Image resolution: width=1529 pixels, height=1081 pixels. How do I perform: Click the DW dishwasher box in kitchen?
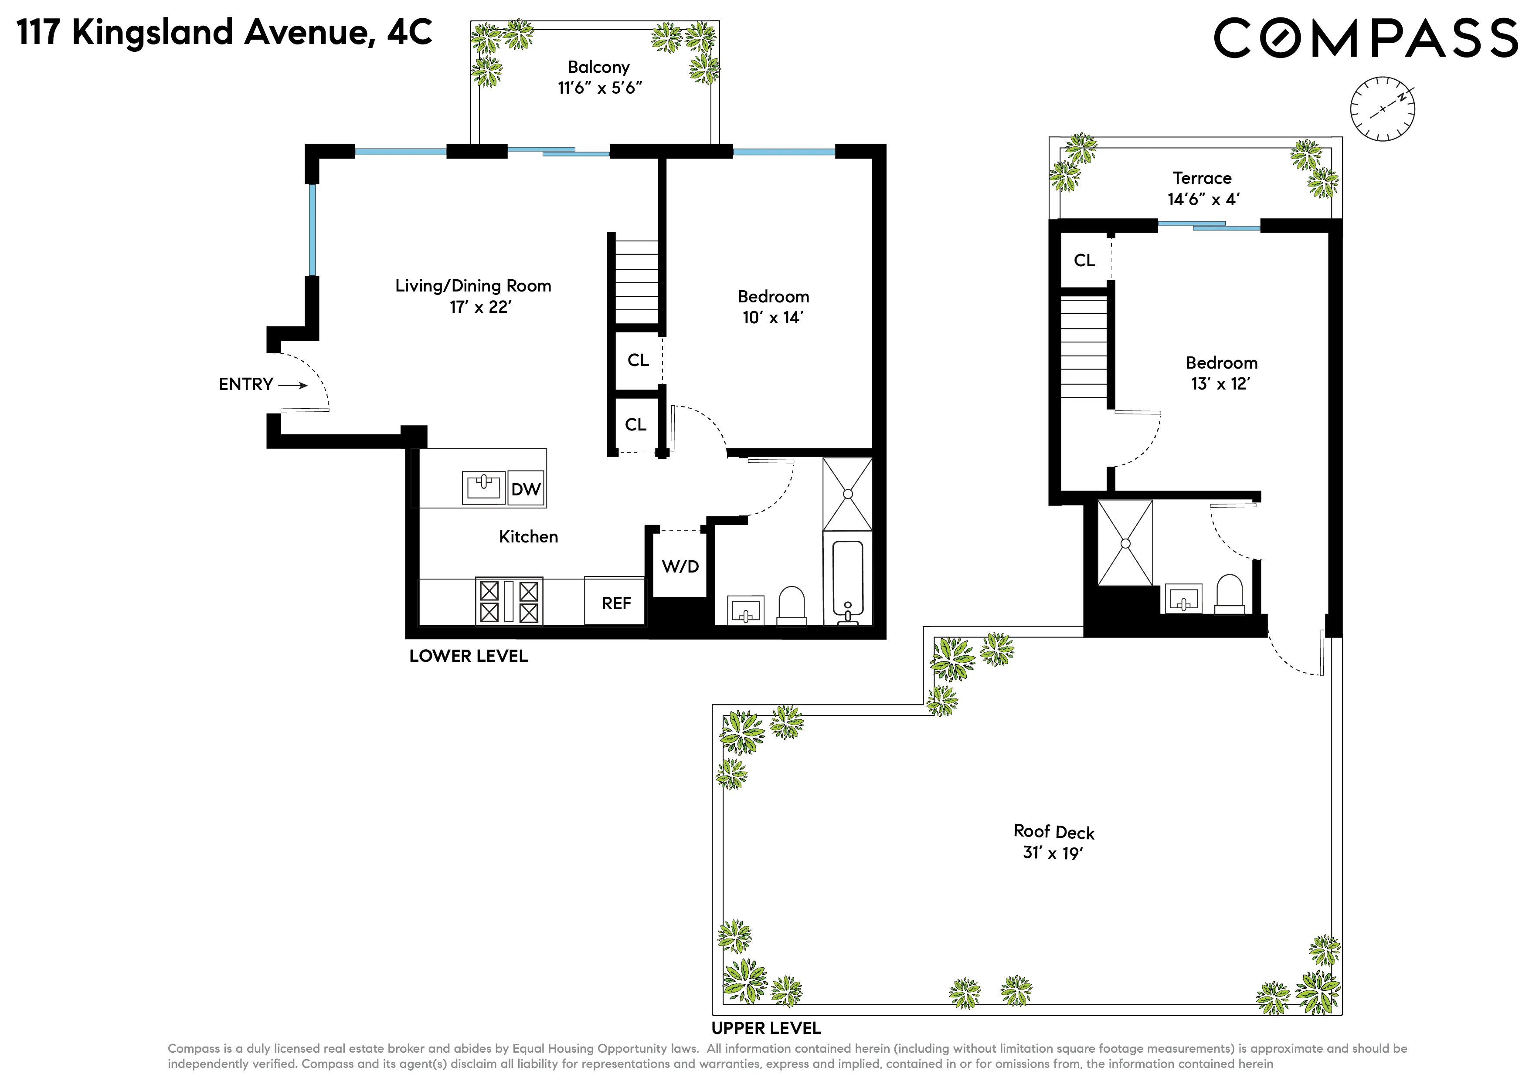point(525,489)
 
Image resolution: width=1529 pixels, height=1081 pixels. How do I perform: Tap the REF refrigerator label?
point(616,603)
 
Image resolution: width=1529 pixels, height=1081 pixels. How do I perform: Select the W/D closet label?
point(680,566)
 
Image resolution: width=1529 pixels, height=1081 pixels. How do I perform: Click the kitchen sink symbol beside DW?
point(483,487)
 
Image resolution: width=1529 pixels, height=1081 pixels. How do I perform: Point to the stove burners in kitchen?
point(509,602)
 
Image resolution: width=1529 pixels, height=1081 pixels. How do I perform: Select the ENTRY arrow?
point(293,386)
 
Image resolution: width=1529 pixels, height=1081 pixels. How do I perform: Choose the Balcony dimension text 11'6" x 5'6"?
point(599,88)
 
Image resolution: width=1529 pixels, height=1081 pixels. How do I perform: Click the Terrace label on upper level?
point(1202,178)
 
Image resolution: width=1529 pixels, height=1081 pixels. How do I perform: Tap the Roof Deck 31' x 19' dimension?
point(1053,853)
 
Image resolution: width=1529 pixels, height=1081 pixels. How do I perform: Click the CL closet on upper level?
point(1084,260)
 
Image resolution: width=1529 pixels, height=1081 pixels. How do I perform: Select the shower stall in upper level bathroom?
point(1125,543)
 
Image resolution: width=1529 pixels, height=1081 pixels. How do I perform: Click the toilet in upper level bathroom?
point(1229,594)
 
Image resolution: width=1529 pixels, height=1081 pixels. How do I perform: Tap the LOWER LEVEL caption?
point(468,656)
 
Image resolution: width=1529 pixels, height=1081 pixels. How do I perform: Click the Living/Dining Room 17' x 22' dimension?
point(480,307)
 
